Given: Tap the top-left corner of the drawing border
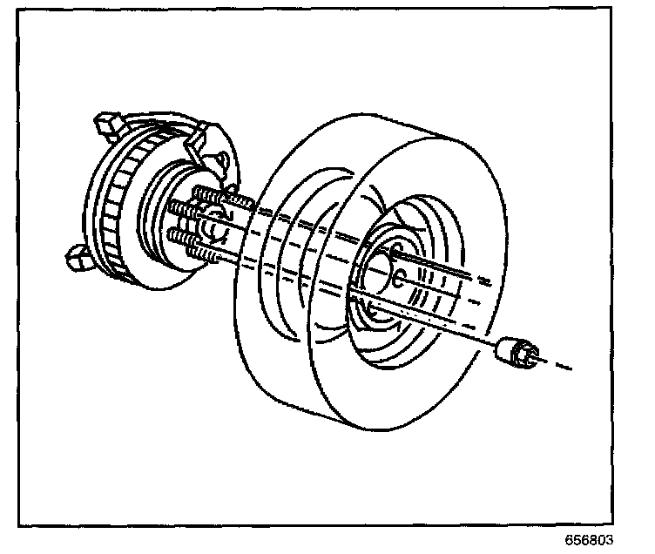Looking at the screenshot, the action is pyautogui.click(x=20, y=18).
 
